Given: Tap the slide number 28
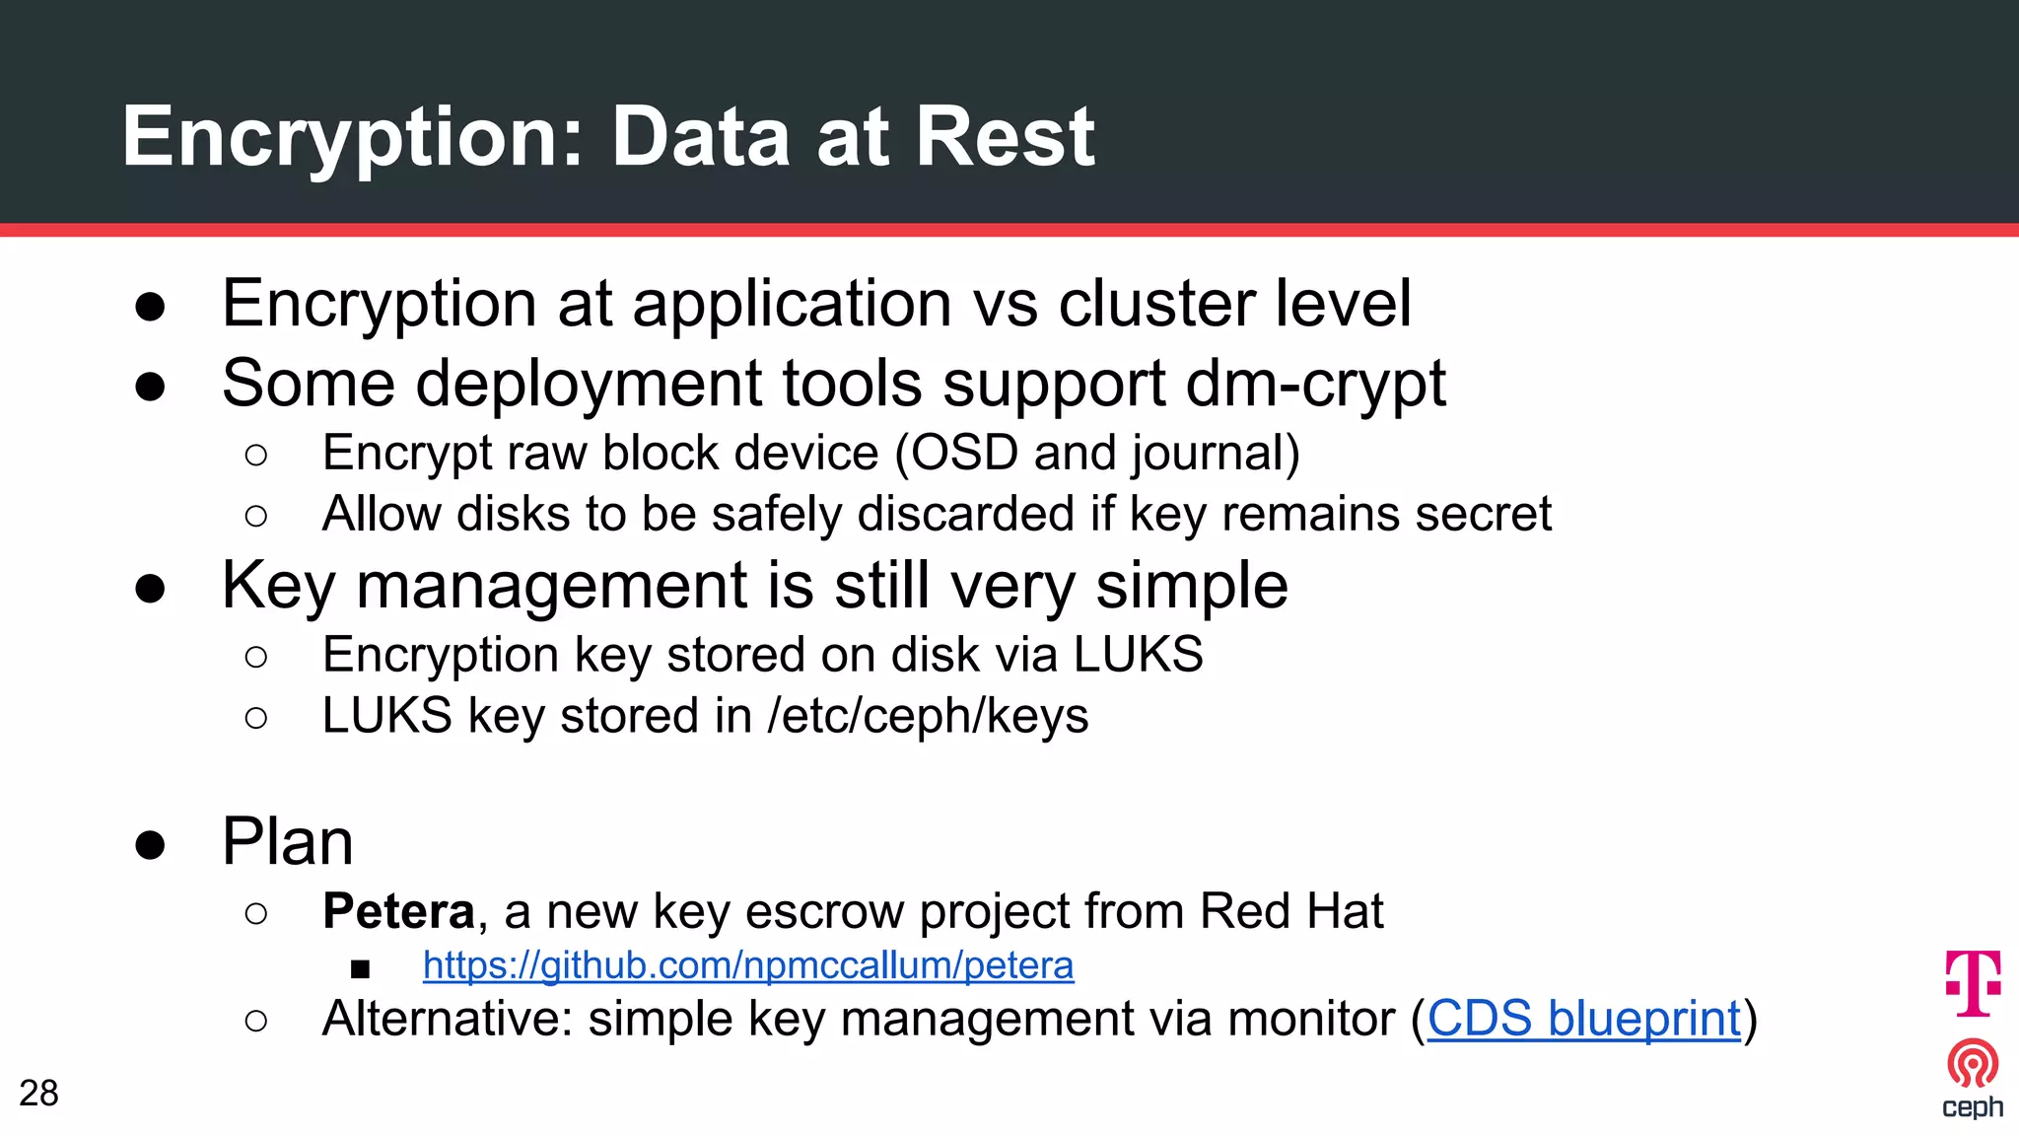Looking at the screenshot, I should [x=38, y=1093].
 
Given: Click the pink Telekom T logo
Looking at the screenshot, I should [x=1973, y=983].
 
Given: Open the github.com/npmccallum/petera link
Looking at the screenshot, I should [x=747, y=965].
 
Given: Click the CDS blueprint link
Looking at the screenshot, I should [x=1584, y=1019].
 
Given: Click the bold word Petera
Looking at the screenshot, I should [x=398, y=911].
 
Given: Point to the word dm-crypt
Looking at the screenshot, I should [x=1315, y=384].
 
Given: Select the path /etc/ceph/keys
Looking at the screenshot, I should [x=928, y=716].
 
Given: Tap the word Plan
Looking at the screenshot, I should [x=287, y=842].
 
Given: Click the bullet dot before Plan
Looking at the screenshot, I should [x=150, y=845].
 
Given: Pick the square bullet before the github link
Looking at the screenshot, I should [x=360, y=969].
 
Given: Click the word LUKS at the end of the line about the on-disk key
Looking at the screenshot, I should [x=1138, y=655].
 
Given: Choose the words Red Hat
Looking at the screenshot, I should [x=1291, y=911].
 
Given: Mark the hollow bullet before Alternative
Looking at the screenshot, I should [x=255, y=1021].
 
